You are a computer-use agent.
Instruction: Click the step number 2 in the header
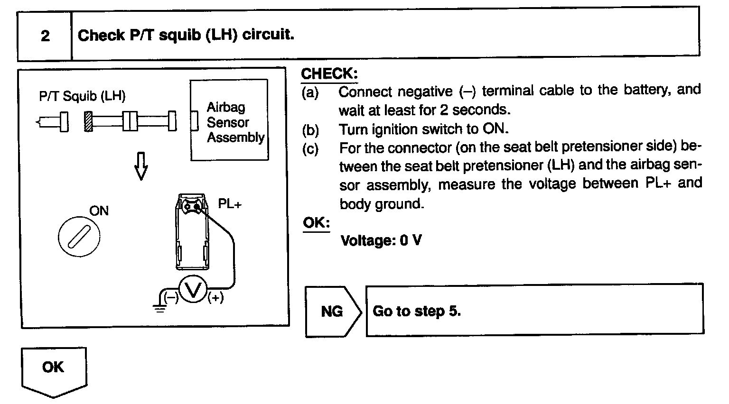tap(45, 36)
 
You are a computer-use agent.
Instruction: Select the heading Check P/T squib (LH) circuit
tap(186, 35)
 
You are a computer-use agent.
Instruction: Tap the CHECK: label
tap(329, 74)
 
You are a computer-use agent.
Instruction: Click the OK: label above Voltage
tap(316, 223)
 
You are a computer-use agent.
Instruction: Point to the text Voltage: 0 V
tap(381, 240)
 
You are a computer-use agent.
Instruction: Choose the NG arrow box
tap(332, 312)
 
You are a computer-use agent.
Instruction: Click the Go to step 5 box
tap(534, 311)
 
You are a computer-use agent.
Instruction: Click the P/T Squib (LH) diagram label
tap(82, 96)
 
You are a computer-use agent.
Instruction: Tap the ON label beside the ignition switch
tap(99, 210)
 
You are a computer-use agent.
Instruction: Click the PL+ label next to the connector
tap(230, 204)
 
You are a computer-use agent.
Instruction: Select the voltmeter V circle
tap(193, 290)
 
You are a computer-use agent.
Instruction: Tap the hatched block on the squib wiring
tap(88, 121)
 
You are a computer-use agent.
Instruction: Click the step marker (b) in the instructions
tap(310, 129)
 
